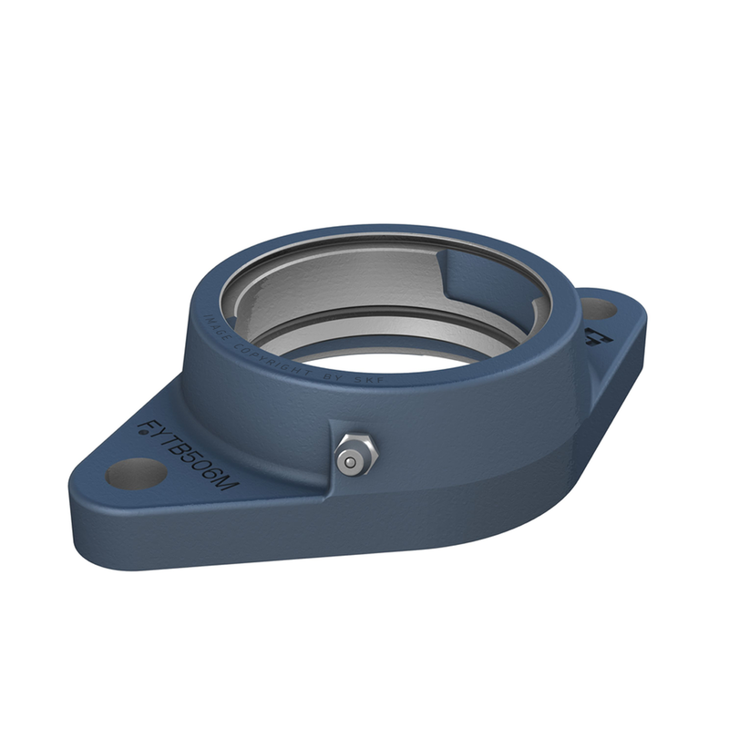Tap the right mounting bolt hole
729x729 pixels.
point(598,309)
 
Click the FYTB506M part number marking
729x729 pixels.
point(187,455)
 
